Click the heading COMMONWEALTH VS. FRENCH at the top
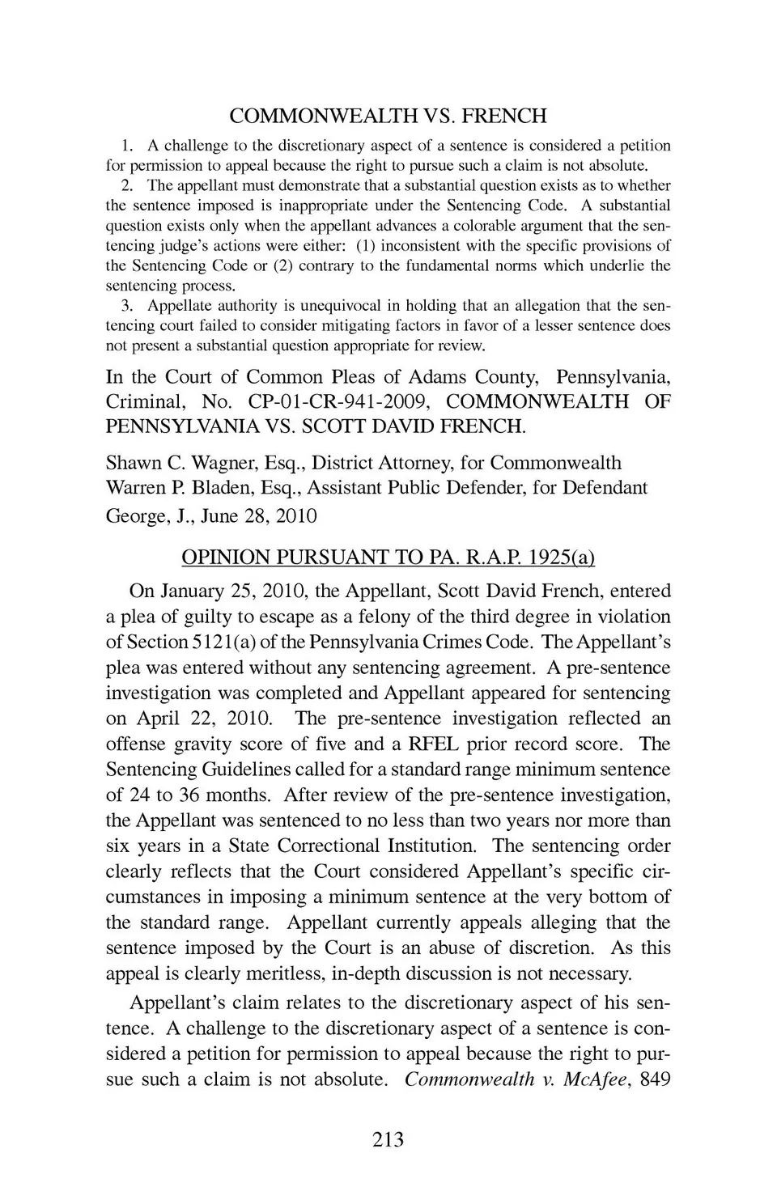(x=388, y=117)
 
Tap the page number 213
(x=388, y=1140)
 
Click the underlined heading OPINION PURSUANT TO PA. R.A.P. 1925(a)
(x=388, y=558)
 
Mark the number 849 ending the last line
(x=655, y=1079)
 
